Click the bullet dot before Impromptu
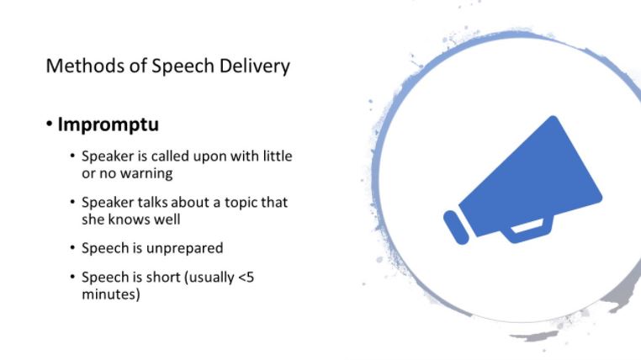(50, 124)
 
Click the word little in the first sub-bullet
(277, 156)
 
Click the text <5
(246, 278)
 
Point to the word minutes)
(111, 294)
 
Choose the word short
(163, 278)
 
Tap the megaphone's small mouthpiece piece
(456, 228)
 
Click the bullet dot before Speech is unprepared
(72, 247)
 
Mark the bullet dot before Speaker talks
(72, 202)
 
